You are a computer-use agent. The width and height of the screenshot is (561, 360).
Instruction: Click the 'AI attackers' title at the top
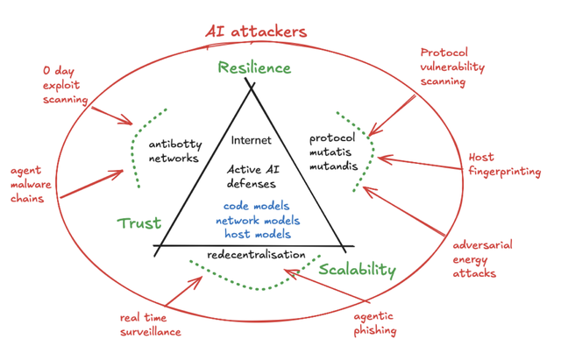pos(255,32)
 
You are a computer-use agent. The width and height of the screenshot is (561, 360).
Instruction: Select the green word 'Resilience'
pos(254,67)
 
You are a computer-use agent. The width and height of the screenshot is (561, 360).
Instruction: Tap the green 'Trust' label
pos(138,223)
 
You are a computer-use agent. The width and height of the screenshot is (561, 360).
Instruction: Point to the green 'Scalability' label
pos(357,270)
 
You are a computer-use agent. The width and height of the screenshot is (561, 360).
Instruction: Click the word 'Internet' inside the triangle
pos(252,139)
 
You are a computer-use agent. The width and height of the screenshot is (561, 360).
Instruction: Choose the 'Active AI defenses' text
pos(252,177)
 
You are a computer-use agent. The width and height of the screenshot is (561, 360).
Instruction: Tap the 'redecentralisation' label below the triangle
pos(256,255)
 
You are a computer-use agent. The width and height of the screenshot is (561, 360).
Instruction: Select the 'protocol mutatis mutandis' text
pos(335,150)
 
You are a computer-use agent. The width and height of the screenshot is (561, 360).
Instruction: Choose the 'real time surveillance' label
pos(150,324)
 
